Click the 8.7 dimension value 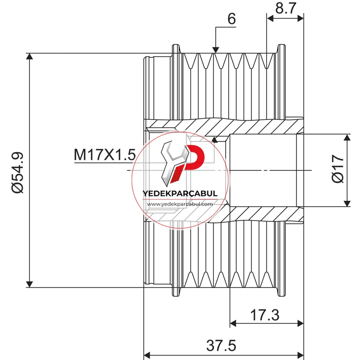[286, 8]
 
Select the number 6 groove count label [231, 18]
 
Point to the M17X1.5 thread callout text [105, 155]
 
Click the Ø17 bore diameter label [338, 169]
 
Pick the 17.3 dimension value [265, 315]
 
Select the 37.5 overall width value [221, 346]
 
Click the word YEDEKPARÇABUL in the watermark [180, 194]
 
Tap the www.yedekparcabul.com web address [180, 204]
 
